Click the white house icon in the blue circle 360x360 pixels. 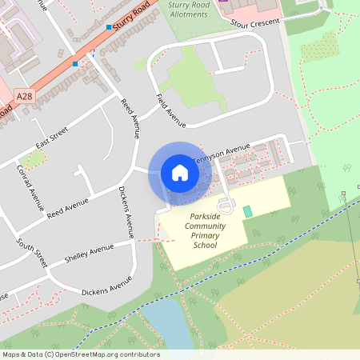click(180, 172)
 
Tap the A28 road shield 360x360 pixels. click(25, 95)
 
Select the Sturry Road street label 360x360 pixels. click(131, 17)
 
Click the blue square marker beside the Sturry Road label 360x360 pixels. click(110, 27)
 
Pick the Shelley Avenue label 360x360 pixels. click(90, 250)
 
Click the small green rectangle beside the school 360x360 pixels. click(247, 210)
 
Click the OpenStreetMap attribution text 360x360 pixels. click(80, 354)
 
